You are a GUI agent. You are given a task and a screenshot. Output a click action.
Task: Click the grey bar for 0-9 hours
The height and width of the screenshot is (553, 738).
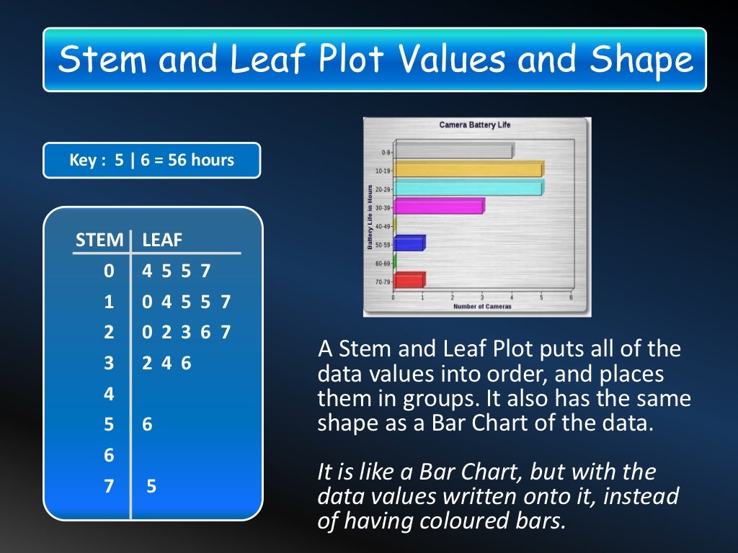pos(453,152)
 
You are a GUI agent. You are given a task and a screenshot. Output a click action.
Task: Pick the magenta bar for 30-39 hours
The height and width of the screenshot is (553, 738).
pos(438,207)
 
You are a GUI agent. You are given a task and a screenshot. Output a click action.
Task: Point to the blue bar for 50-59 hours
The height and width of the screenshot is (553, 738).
pos(409,243)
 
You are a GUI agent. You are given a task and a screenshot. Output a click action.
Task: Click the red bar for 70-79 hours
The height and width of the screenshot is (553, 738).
pos(409,280)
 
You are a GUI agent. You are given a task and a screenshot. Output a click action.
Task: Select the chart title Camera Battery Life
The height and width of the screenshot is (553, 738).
pos(474,125)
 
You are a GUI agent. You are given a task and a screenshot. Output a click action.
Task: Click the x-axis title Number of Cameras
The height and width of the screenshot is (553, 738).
pos(482,307)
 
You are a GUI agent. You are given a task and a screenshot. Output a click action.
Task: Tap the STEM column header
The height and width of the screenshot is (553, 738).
pos(99,240)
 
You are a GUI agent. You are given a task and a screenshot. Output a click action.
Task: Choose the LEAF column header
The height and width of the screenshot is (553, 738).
pos(162,240)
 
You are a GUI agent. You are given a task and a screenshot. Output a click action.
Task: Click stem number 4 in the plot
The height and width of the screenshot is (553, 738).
pos(109,394)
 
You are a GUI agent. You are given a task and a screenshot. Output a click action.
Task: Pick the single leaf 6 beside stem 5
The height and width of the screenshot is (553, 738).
pos(147,425)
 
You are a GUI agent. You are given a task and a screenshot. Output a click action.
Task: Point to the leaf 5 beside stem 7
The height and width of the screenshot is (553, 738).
pos(151,487)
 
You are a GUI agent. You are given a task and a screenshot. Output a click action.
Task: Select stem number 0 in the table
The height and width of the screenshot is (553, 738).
pos(109,271)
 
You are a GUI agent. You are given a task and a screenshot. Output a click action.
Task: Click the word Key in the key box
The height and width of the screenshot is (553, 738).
pos(82,160)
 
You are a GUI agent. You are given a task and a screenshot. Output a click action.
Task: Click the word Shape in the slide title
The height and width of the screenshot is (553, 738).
pos(641,60)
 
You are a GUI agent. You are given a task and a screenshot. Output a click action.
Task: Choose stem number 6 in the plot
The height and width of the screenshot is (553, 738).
pos(109,456)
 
